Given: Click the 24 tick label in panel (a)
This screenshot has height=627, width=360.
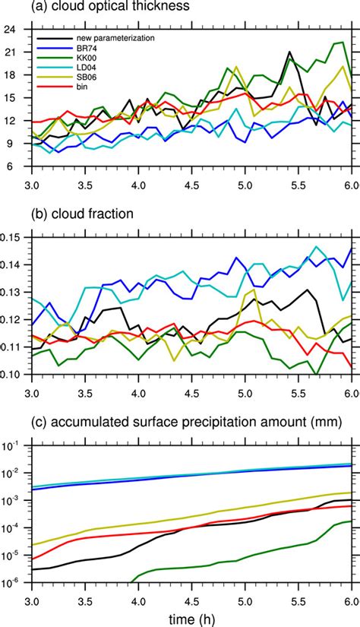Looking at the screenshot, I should pyautogui.click(x=12, y=30).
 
